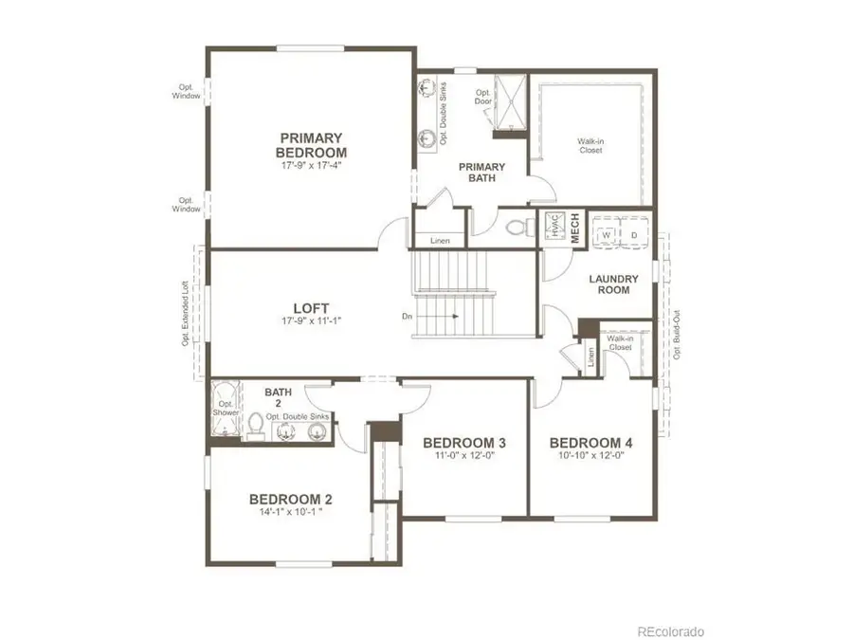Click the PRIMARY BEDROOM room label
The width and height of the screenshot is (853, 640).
(311, 145)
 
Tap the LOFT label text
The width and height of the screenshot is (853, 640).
(311, 307)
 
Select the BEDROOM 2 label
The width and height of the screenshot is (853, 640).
(290, 500)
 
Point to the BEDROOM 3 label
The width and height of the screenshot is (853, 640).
(464, 443)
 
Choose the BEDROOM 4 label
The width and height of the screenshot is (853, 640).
(590, 443)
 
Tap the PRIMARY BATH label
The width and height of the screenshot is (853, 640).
(481, 172)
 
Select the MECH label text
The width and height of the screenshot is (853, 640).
(573, 229)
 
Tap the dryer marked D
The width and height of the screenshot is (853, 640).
(633, 235)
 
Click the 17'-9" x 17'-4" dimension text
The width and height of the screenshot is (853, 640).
(311, 166)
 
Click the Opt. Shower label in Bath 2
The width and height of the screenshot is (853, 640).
(227, 408)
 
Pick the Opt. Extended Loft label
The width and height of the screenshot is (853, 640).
(186, 312)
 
